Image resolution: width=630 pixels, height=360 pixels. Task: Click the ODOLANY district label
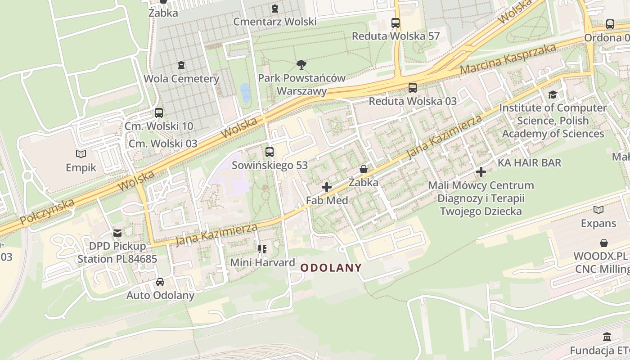point(331,268)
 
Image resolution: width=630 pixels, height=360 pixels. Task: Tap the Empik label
point(81,168)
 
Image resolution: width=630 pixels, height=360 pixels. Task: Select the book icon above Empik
point(81,154)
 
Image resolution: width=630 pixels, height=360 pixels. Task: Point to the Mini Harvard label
point(262,262)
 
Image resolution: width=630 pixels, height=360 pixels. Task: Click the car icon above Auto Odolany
point(160,282)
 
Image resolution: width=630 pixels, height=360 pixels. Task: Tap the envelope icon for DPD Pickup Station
point(117,233)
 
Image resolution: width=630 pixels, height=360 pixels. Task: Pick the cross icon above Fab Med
point(327,187)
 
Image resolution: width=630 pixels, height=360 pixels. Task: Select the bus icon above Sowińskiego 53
point(270,152)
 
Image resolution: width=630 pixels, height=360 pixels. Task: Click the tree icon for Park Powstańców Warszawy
point(301,65)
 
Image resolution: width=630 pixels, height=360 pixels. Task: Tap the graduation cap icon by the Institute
point(553,94)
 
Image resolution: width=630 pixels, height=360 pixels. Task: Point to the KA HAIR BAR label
point(530,162)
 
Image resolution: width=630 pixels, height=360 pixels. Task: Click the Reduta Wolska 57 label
point(396,36)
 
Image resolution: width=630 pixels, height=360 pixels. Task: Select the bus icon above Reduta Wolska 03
point(413,87)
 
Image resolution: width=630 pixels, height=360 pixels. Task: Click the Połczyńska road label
point(47,211)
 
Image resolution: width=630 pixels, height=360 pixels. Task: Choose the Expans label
point(598,224)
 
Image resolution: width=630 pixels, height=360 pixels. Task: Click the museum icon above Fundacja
point(607,337)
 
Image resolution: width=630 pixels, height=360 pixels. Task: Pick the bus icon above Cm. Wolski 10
point(159,112)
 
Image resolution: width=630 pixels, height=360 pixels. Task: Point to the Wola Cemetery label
point(181,79)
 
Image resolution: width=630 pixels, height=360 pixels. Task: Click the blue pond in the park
point(245,93)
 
